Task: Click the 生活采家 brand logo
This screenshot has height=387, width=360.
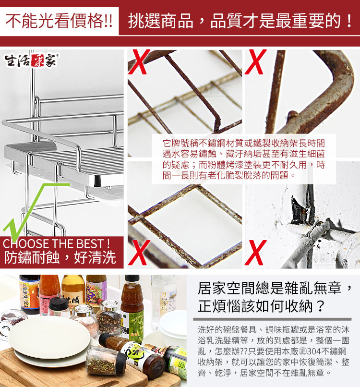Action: click(31, 60)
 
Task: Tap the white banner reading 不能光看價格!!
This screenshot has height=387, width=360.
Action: click(59, 21)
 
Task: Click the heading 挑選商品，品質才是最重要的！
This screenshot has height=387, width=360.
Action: click(240, 21)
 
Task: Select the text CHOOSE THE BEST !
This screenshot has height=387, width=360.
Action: click(56, 243)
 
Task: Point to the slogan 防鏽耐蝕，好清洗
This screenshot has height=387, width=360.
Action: click(60, 258)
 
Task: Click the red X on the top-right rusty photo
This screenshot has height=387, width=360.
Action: click(256, 62)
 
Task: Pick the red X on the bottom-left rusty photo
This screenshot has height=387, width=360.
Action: click(139, 252)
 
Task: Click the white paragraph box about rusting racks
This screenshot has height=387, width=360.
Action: click(243, 159)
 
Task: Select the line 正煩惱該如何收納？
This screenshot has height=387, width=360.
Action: click(262, 306)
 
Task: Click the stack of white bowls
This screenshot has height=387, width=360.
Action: click(173, 324)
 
